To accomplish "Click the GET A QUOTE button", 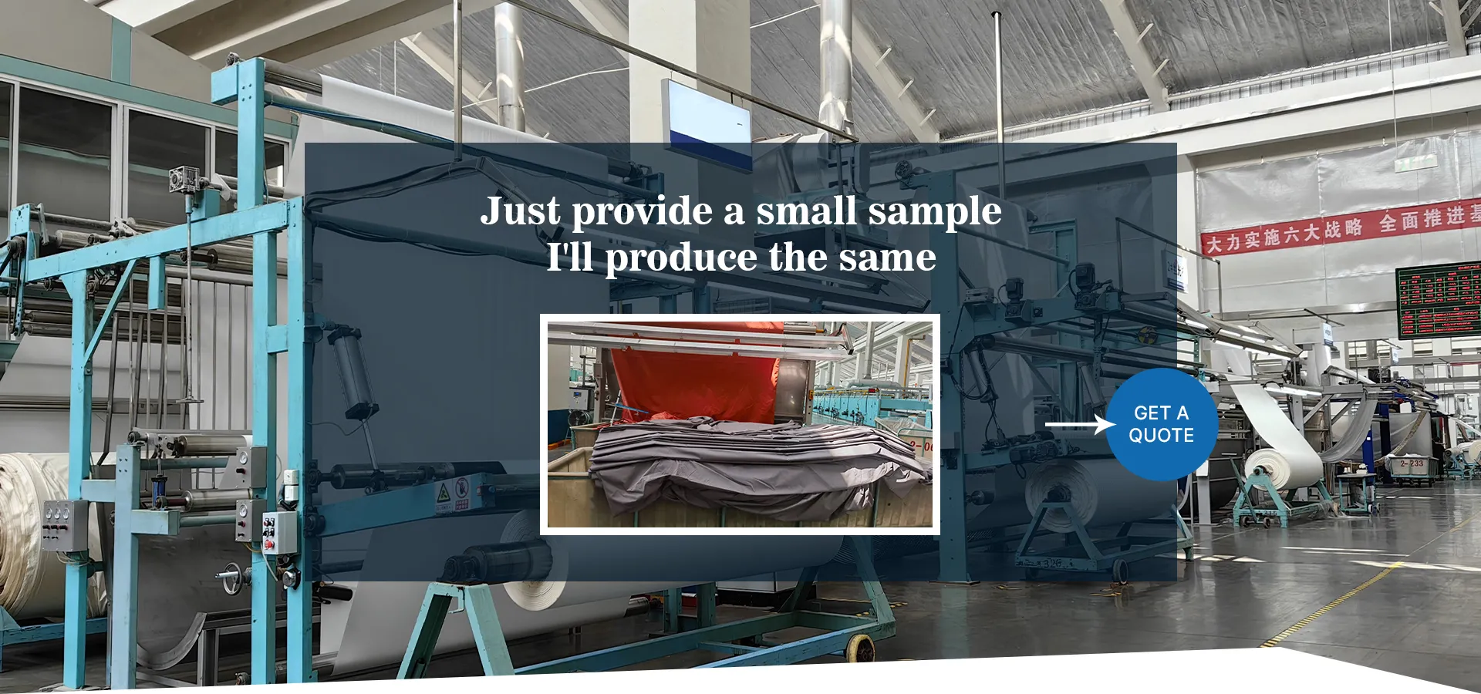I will click(x=1162, y=424).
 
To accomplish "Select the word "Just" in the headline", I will click(x=520, y=211).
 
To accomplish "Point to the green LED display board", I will click(x=1438, y=302).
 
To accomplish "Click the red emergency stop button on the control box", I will click(x=269, y=544).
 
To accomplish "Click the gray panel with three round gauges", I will click(x=65, y=525).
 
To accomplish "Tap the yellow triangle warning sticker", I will click(x=443, y=491).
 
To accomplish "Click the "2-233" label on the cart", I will click(x=1412, y=464).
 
